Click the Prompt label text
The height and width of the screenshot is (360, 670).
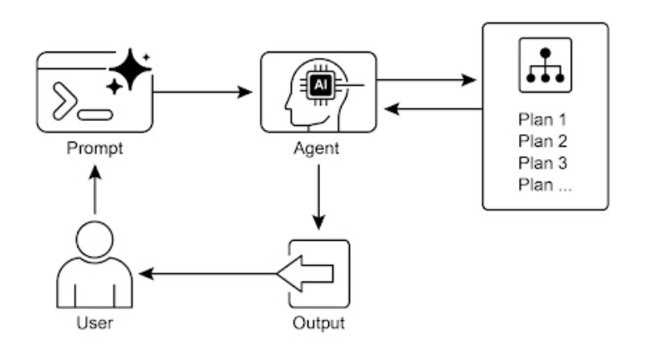(x=95, y=150)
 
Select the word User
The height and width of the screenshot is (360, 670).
(x=95, y=322)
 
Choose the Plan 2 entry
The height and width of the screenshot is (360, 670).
(x=537, y=139)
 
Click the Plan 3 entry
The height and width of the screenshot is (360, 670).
(x=537, y=161)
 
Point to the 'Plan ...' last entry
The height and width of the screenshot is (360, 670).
(x=545, y=183)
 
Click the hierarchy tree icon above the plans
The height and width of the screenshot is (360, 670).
(x=546, y=65)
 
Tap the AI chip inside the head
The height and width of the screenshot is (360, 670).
(x=319, y=84)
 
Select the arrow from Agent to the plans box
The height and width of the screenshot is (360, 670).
(x=425, y=82)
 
